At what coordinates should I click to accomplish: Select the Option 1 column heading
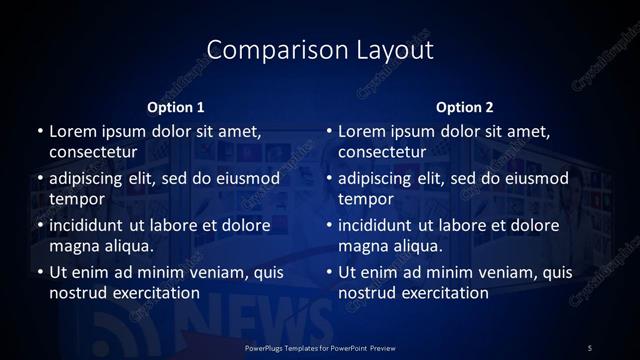[x=176, y=107]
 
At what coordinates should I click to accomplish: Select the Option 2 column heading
[x=465, y=107]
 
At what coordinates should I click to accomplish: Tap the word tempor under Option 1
[x=76, y=199]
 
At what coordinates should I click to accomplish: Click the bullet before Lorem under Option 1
[x=39, y=132]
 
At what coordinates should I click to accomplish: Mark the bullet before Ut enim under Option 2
[x=329, y=272]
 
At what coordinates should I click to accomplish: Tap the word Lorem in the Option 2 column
[x=362, y=131]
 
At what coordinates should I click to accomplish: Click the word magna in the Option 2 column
[x=362, y=246]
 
